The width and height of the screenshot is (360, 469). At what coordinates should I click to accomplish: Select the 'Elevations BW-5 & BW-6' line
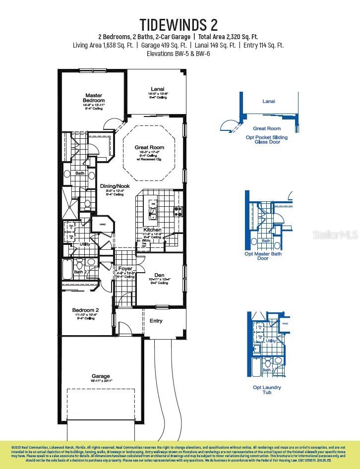179,53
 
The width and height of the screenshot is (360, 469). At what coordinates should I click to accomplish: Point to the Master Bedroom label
94,98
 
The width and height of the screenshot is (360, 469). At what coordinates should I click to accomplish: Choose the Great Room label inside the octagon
149,147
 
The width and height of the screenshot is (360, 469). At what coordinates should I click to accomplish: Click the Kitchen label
152,230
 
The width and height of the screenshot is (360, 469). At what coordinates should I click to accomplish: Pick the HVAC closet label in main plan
103,225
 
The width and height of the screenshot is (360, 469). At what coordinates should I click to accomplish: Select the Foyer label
125,268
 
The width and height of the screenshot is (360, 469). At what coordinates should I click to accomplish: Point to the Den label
159,275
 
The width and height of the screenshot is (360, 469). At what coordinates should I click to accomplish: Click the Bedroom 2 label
87,310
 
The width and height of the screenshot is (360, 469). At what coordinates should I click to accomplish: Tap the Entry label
156,321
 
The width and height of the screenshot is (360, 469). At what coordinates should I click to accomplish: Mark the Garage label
101,376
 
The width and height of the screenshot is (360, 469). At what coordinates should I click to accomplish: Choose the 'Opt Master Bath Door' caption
263,256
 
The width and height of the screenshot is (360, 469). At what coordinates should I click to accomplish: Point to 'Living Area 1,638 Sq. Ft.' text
103,45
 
